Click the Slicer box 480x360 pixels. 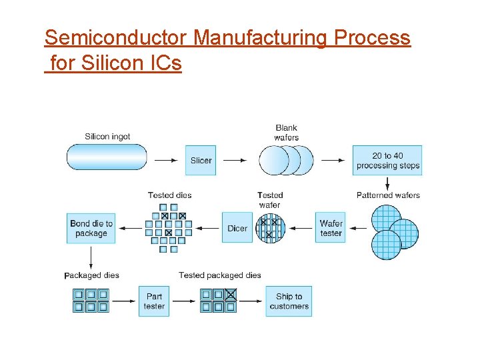point(201,161)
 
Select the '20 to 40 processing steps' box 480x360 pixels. point(387,161)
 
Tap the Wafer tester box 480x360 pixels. point(331,228)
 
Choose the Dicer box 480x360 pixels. point(237,228)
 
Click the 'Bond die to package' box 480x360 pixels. point(91,228)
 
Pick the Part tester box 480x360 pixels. point(154,301)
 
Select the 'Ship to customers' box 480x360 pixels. point(289,301)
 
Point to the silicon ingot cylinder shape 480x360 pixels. point(107,157)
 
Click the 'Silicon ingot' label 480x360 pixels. point(107,137)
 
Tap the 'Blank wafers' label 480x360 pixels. point(286,133)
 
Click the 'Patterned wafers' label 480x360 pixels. point(388,195)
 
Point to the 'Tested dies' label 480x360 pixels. point(169,195)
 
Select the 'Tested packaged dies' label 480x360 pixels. point(220,275)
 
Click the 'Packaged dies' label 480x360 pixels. point(91,275)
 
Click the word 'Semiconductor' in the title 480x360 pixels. point(117,38)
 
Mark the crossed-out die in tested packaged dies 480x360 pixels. point(230,294)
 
